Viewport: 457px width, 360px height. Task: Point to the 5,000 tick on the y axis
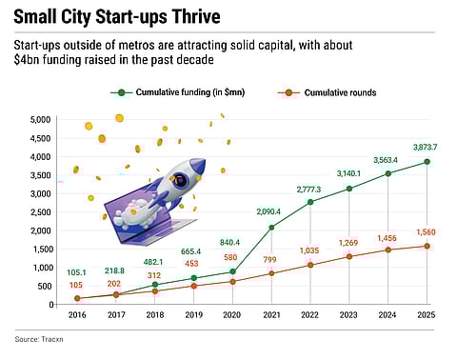pos(41,119)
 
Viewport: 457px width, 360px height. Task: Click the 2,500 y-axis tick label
pos(41,211)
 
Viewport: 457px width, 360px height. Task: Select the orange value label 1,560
pos(427,231)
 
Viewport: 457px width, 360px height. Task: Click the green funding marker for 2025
pos(427,161)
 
